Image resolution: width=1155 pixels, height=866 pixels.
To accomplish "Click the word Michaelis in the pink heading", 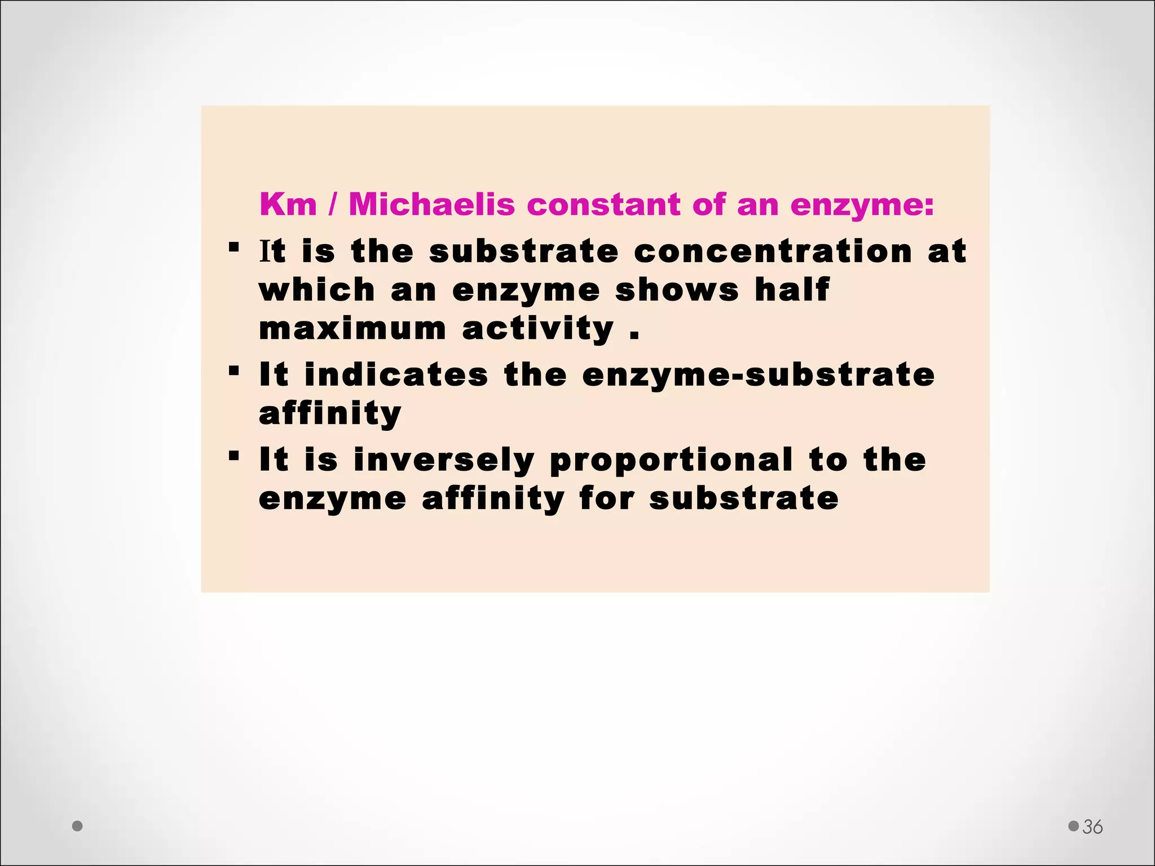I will click(x=431, y=204).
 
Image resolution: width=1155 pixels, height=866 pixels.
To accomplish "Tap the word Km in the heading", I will click(x=288, y=204).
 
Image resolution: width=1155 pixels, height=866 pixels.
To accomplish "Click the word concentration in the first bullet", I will click(x=773, y=251).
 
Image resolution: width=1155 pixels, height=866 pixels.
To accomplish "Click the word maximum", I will click(x=352, y=329).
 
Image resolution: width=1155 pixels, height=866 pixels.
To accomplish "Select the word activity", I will click(x=537, y=329).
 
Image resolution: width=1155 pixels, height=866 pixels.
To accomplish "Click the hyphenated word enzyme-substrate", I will click(x=759, y=375).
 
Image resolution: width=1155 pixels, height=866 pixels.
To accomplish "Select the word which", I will click(x=317, y=290).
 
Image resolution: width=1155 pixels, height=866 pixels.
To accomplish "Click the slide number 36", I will click(x=1092, y=827).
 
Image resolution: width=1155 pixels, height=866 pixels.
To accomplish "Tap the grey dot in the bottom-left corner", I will click(x=78, y=826).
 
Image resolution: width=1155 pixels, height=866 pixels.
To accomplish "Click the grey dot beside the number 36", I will click(x=1073, y=826).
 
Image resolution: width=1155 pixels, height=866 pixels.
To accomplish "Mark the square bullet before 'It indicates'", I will click(x=234, y=370).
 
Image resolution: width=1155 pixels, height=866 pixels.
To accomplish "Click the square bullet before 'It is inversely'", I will click(x=234, y=456).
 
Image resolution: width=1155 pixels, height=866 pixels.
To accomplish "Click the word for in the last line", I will click(x=607, y=499).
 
